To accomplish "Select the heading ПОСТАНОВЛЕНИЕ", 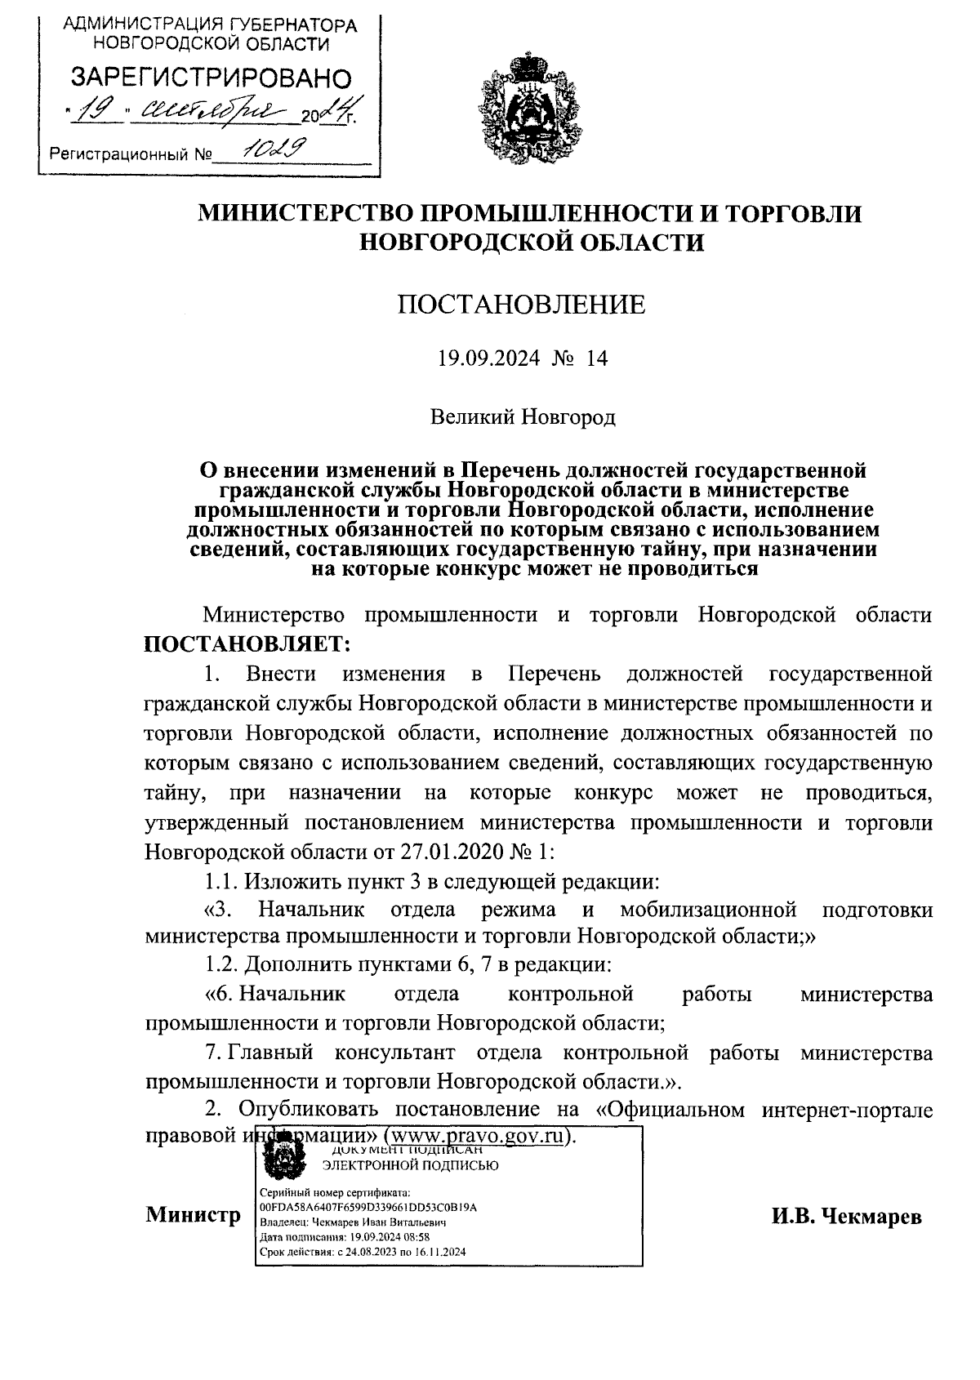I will tap(521, 305).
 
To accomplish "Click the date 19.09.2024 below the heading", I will tap(488, 359).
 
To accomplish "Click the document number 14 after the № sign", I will tap(597, 359).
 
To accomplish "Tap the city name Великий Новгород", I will tap(523, 417).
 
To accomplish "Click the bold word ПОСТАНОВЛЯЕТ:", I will tap(247, 644).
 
